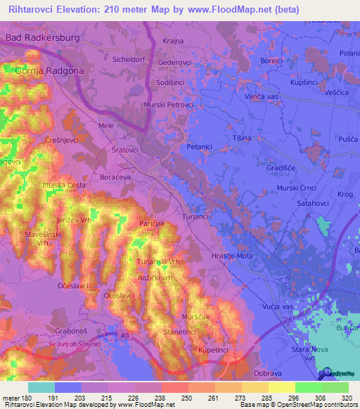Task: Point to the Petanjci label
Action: coord(200,146)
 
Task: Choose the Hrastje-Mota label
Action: coord(232,256)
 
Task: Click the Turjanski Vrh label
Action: coord(159,261)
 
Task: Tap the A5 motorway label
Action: coord(124,336)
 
